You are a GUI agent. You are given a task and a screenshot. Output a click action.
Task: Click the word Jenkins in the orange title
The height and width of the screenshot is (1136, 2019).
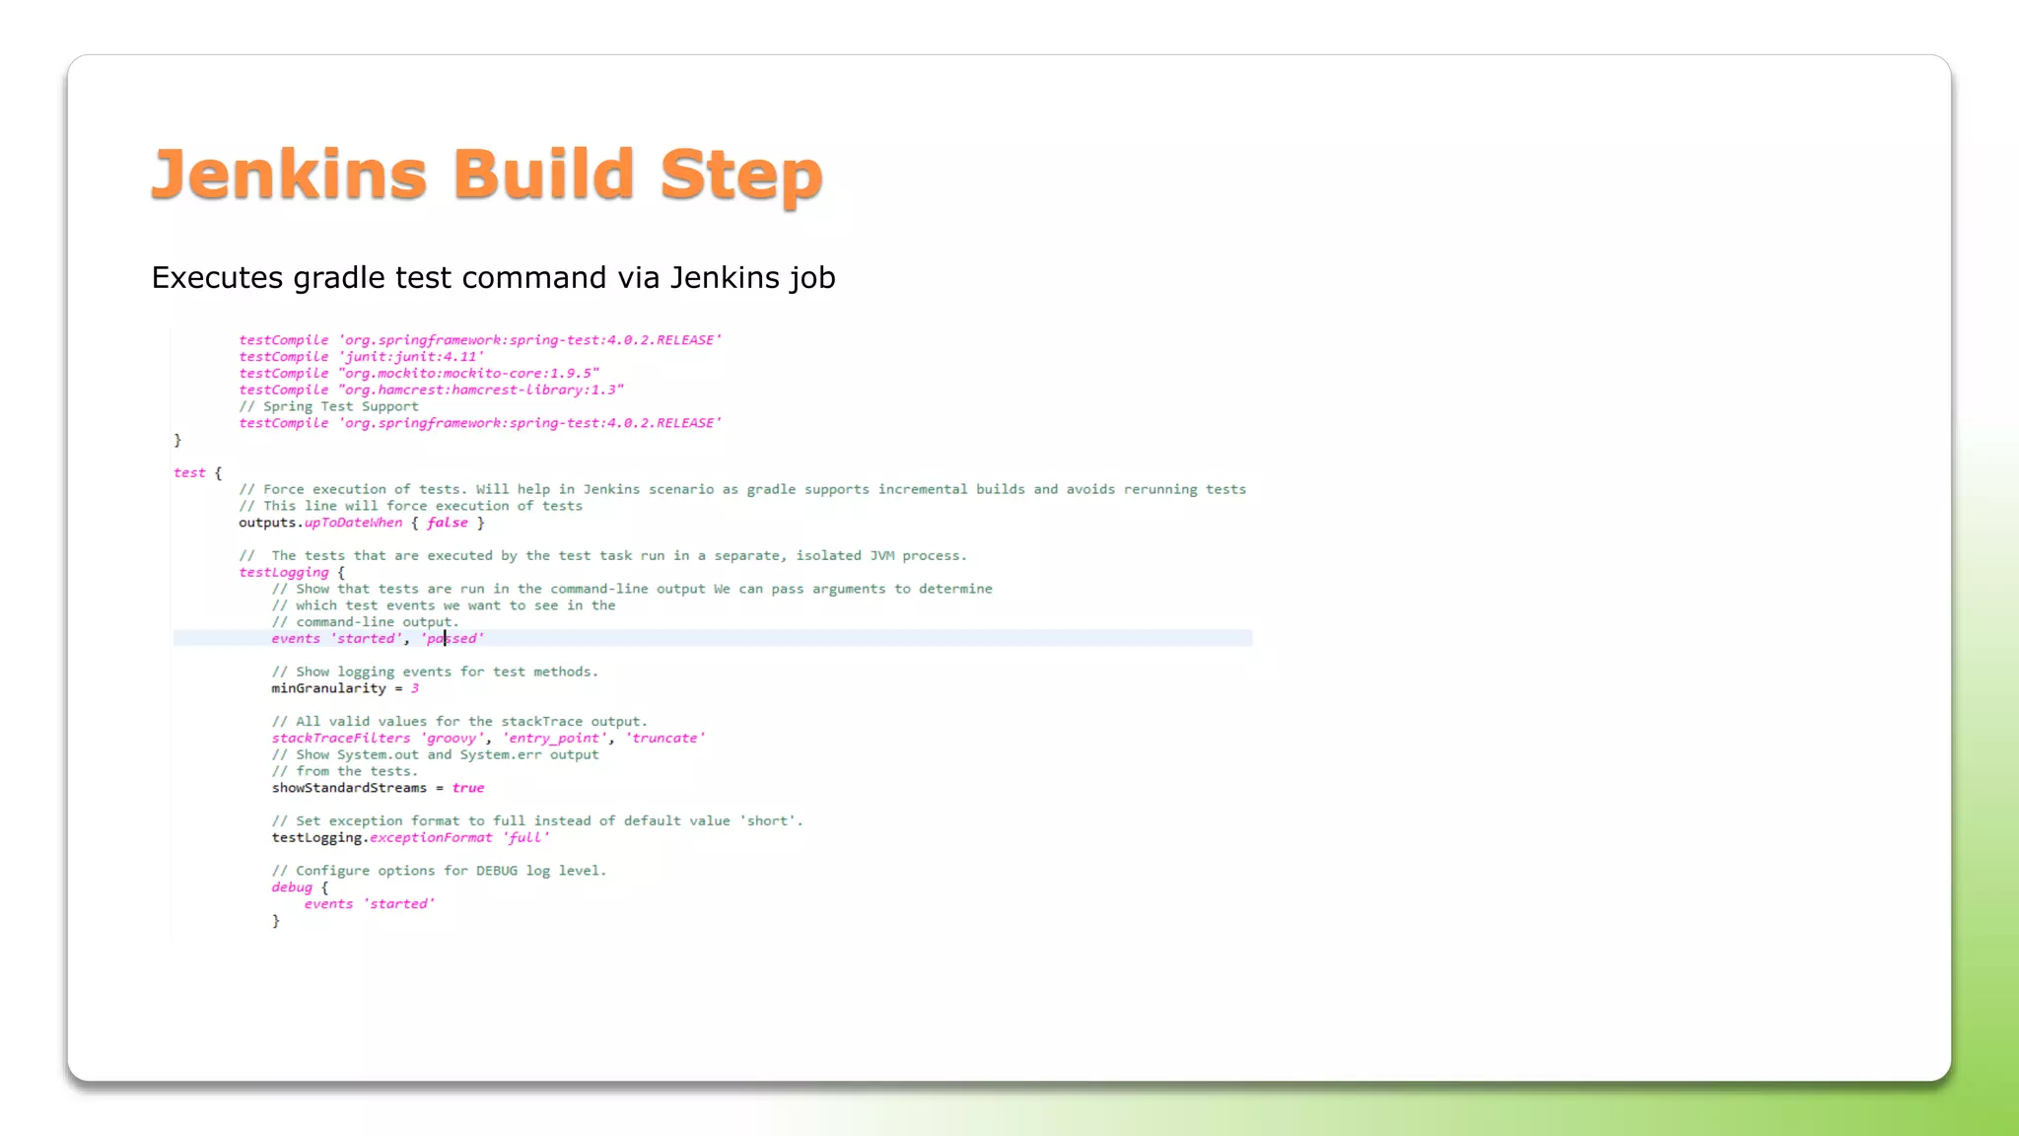(289, 175)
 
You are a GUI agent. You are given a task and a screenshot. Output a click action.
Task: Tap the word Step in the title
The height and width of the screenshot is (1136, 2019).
(740, 175)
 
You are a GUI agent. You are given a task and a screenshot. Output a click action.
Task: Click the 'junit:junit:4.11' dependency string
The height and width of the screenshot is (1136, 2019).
(411, 357)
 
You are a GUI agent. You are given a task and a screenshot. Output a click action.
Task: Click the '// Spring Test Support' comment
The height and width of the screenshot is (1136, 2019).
(328, 407)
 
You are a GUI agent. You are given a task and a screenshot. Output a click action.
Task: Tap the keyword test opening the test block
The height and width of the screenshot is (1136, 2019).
(189, 473)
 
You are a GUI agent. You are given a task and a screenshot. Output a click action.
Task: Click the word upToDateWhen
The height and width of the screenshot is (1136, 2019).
(353, 523)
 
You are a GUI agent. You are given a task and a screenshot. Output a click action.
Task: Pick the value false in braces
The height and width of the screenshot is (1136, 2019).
(447, 523)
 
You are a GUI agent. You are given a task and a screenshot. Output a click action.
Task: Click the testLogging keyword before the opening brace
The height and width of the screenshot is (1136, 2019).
(284, 573)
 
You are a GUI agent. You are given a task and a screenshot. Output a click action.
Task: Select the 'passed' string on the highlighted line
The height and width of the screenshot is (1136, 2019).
(453, 639)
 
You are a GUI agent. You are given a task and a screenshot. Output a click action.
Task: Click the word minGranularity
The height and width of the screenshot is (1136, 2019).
(328, 688)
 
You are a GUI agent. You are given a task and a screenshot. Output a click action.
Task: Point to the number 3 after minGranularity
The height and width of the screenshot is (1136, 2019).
(415, 688)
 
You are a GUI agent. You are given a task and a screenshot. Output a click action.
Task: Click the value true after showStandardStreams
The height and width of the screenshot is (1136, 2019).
(468, 788)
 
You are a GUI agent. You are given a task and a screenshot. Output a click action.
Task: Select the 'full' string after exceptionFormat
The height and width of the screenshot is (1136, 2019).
(525, 838)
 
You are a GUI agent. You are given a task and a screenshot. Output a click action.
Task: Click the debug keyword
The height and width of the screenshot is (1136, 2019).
(292, 887)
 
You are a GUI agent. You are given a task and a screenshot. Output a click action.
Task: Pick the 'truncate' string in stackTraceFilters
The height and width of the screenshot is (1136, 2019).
(665, 739)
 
